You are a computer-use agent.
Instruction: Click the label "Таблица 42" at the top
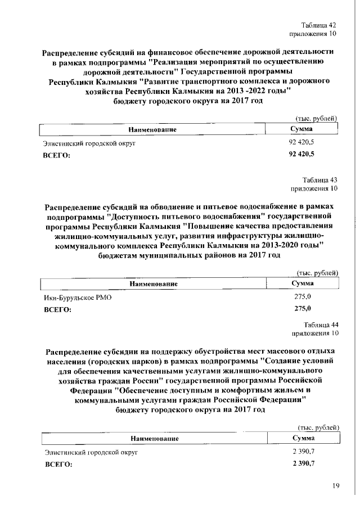pos(319,25)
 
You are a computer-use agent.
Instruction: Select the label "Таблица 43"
pos(319,179)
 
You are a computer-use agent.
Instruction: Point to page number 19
pos(336,487)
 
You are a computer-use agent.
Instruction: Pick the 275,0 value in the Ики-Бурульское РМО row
pos(303,296)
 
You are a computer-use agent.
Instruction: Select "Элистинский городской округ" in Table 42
pos(90,143)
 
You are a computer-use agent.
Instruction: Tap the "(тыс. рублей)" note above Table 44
pos(317,427)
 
